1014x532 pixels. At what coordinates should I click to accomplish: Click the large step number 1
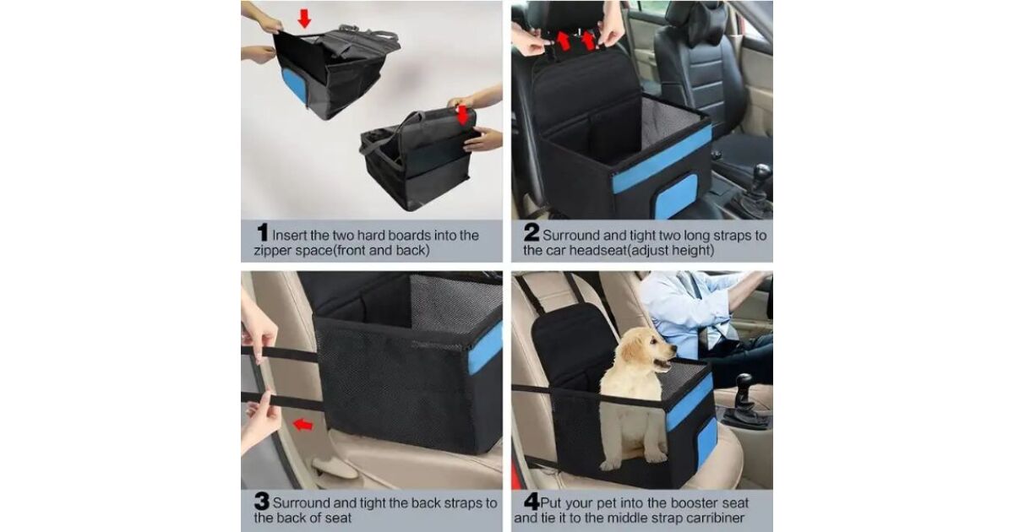pos(263,232)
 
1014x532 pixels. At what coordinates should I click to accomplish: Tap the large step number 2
pos(532,232)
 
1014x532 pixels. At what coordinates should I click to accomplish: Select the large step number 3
pos(262,502)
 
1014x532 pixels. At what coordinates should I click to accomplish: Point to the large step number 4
pos(532,502)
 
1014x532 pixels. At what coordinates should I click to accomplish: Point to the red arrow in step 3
pos(303,424)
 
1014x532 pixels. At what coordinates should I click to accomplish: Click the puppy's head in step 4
pos(648,347)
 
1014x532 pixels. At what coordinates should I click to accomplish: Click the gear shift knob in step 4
pos(744,383)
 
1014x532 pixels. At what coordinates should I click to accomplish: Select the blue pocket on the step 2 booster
pos(676,196)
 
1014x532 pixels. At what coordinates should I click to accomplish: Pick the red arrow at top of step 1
pos(304,18)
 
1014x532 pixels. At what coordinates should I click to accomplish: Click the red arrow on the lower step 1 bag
pos(461,116)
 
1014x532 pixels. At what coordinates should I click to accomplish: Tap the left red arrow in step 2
pos(563,41)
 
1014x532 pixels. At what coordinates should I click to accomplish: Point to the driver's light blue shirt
pos(684,312)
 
